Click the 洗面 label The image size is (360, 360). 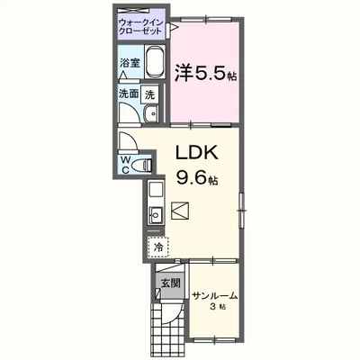click(x=128, y=93)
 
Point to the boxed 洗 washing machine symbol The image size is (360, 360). click(x=151, y=93)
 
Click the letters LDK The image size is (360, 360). click(x=193, y=152)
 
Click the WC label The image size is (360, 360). click(x=126, y=164)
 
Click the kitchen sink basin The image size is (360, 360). click(x=153, y=215)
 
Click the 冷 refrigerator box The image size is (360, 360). click(x=157, y=245)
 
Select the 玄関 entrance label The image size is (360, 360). click(x=170, y=282)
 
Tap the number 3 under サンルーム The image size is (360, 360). click(x=211, y=307)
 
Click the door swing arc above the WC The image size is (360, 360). click(x=128, y=142)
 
